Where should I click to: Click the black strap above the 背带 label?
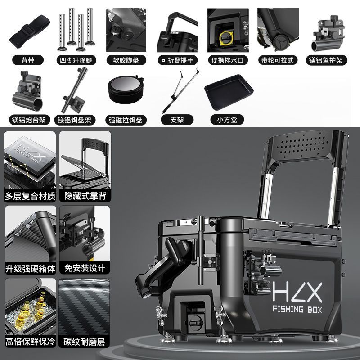click(x=29, y=31)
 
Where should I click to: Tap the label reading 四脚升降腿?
click(x=76, y=60)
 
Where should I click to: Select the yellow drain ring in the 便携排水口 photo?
click(x=226, y=37)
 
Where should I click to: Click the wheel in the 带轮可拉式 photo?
click(x=281, y=42)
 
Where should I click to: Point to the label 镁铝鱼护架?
click(x=326, y=60)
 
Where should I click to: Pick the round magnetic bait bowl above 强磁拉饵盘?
click(x=126, y=89)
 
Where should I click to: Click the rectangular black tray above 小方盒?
click(x=229, y=92)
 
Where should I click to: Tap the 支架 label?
click(x=177, y=120)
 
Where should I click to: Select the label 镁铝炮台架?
click(x=29, y=120)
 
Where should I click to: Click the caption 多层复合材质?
click(x=30, y=196)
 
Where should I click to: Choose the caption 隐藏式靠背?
click(x=85, y=196)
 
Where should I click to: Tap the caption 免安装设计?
click(x=85, y=268)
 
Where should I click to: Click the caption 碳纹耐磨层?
click(x=84, y=342)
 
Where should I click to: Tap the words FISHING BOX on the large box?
click(x=297, y=309)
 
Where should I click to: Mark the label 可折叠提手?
click(x=177, y=60)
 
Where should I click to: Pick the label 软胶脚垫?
click(x=126, y=60)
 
